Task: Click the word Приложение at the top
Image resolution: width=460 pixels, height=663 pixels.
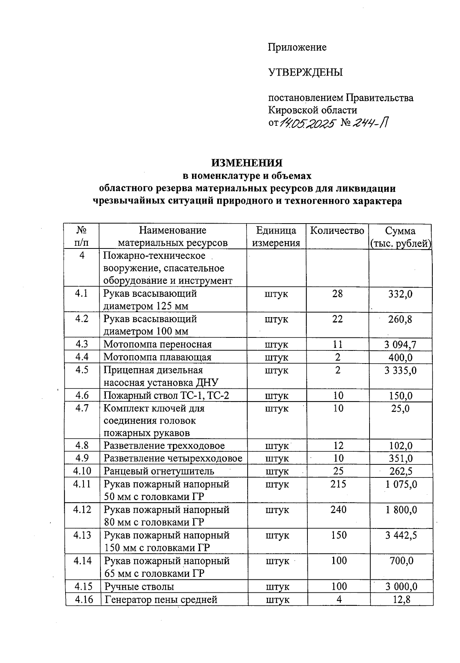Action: click(297, 47)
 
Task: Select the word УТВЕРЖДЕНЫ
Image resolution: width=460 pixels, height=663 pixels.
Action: click(305, 72)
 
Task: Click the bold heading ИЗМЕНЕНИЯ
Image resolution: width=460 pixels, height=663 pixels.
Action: click(247, 163)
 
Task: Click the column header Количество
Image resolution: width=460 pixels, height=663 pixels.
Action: click(337, 230)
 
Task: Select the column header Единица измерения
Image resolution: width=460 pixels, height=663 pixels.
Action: click(276, 237)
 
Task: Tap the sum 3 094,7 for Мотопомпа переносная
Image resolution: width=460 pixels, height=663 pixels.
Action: click(400, 344)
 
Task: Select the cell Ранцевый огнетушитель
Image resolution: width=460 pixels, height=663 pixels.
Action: click(159, 471)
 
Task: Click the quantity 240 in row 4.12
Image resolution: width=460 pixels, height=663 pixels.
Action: click(338, 510)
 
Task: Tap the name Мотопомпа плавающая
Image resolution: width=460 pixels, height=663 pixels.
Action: click(158, 357)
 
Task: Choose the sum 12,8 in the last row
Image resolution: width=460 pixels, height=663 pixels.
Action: click(401, 599)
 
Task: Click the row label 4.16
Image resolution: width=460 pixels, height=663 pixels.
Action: click(83, 599)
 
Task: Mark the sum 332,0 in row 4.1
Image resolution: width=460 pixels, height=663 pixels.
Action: click(400, 294)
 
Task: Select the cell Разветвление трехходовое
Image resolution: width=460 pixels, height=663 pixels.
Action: click(164, 446)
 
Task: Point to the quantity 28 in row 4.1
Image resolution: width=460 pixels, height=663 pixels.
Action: click(337, 294)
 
